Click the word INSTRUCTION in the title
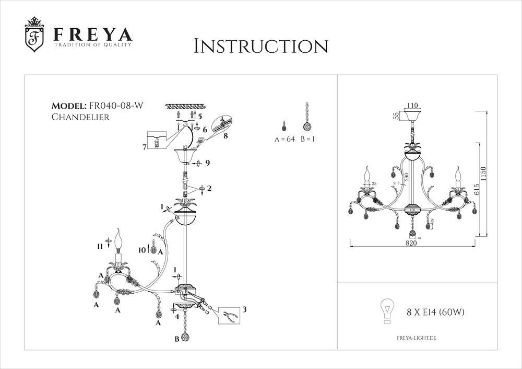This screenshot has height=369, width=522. pyautogui.click(x=260, y=45)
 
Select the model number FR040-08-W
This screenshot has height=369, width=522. pyautogui.click(x=116, y=107)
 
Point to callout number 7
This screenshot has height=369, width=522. pyautogui.click(x=144, y=147)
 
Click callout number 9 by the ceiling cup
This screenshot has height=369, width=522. pyautogui.click(x=207, y=164)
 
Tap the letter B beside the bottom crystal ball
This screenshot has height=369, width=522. pyautogui.click(x=177, y=339)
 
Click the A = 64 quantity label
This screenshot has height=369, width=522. pyautogui.click(x=285, y=140)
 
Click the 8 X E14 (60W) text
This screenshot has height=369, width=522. pyautogui.click(x=435, y=313)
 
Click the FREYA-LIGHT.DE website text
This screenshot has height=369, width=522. pyautogui.click(x=413, y=339)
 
